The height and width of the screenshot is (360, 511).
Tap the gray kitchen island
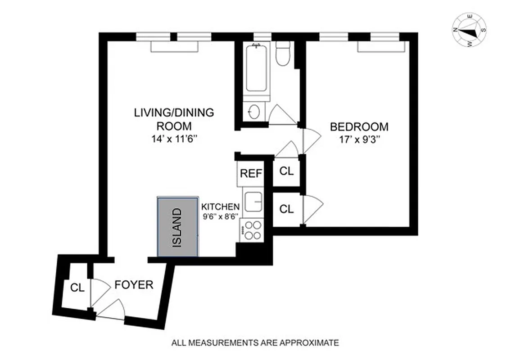177,226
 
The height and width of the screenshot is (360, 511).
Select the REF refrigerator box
251,173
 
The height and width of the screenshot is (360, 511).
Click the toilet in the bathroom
283,54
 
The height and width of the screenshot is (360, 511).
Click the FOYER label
134,285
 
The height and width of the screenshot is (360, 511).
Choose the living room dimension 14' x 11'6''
174,139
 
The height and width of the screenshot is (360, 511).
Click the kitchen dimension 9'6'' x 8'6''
220,216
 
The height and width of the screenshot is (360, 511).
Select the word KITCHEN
220,207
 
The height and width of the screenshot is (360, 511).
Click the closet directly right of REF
287,171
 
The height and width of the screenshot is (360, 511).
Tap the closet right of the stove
287,209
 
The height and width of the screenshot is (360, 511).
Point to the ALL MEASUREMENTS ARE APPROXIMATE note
255,343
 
